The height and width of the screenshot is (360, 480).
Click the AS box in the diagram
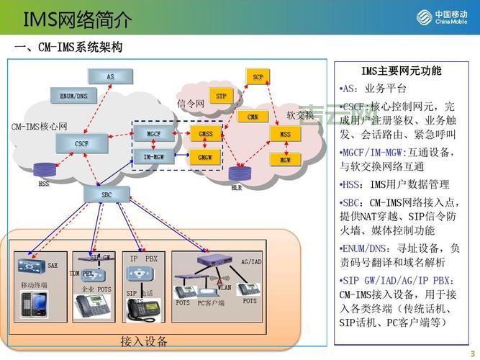pyautogui.click(x=110, y=76)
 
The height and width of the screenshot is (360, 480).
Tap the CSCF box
pyautogui.click(x=81, y=144)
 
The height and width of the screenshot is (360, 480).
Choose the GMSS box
pyautogui.click(x=206, y=135)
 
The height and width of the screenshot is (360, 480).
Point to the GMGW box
pyautogui.click(x=206, y=156)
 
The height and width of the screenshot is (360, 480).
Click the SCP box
pyautogui.click(x=257, y=76)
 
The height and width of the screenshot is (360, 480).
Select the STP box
pyautogui.click(x=221, y=96)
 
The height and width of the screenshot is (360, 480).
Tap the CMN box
pyautogui.click(x=253, y=117)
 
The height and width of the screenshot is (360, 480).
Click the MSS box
pyautogui.click(x=286, y=135)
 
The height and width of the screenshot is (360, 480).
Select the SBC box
pyautogui.click(x=106, y=194)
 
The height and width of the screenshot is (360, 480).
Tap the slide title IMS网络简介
pyautogui.click(x=78, y=19)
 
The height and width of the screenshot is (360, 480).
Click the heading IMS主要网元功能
pyautogui.click(x=402, y=71)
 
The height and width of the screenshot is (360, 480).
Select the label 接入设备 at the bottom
pyautogui.click(x=143, y=341)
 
